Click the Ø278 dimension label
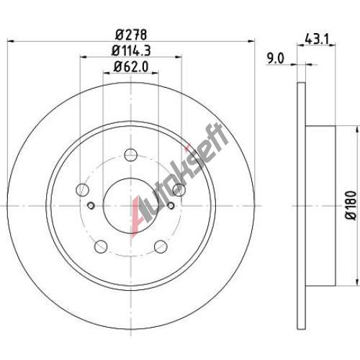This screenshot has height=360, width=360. click(131, 35)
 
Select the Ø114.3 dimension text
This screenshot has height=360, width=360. click(131, 50)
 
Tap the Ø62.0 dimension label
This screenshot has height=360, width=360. click(131, 66)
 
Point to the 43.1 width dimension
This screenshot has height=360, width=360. click(316, 39)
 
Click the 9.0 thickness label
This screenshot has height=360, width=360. click(276, 59)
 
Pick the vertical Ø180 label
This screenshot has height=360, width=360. click(351, 204)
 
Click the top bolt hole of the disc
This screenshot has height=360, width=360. click(131, 155)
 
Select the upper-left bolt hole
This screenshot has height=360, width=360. click(82, 190)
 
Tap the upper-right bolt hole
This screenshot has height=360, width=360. click(179, 190)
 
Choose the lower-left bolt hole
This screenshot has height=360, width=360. click(101, 246)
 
